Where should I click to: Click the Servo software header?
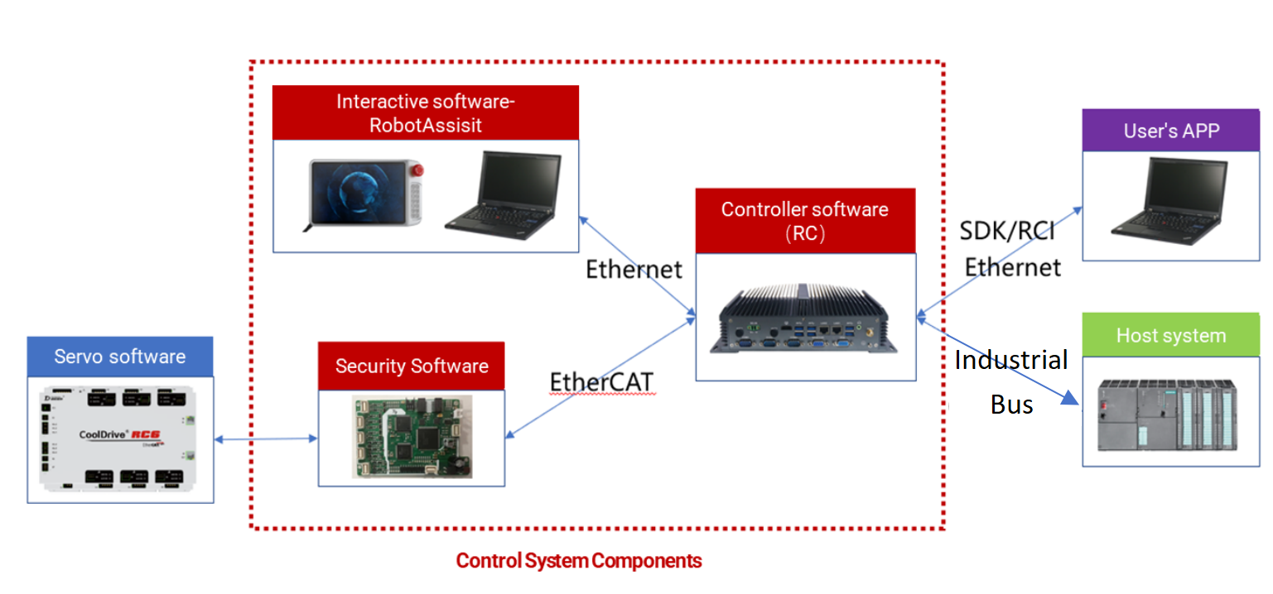pyautogui.click(x=120, y=357)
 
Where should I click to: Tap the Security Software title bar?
pyautogui.click(x=412, y=366)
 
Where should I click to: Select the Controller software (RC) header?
pyautogui.click(x=805, y=221)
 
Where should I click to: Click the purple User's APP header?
pyautogui.click(x=1170, y=131)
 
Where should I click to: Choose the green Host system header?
pyautogui.click(x=1170, y=335)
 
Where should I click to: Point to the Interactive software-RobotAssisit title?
pyautogui.click(x=426, y=113)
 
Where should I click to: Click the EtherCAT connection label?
pyautogui.click(x=602, y=382)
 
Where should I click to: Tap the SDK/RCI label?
pyautogui.click(x=1007, y=231)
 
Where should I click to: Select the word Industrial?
pyautogui.click(x=1011, y=360)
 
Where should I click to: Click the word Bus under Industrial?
pyautogui.click(x=1011, y=405)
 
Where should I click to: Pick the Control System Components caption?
pyautogui.click(x=579, y=561)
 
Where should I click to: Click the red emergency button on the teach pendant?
pyautogui.click(x=417, y=170)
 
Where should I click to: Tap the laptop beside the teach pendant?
pyautogui.click(x=504, y=194)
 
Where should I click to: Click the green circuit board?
pyautogui.click(x=412, y=437)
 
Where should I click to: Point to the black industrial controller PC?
pyautogui.click(x=803, y=319)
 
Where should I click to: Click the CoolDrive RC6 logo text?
pyautogui.click(x=120, y=435)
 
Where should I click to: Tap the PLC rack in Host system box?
pyautogui.click(x=1168, y=414)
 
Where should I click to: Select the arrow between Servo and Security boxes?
pyautogui.click(x=266, y=439)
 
